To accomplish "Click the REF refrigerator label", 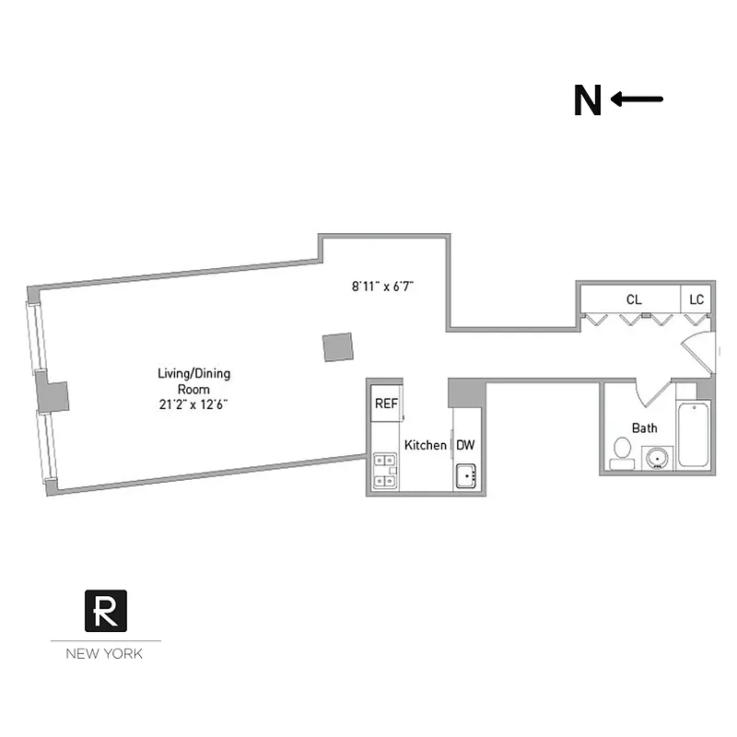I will (x=386, y=404).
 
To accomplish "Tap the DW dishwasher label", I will (x=466, y=445).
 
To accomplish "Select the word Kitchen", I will (x=426, y=445).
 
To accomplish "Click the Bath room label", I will (x=644, y=428).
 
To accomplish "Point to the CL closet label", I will (x=634, y=299).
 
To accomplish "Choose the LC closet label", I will (x=696, y=299).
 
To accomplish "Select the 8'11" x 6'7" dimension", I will (x=381, y=287).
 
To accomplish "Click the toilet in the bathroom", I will (x=622, y=451).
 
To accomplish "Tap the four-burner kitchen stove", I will (x=385, y=469).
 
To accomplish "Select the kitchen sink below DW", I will (x=464, y=476).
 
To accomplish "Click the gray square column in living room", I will (x=337, y=346).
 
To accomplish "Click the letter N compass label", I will (x=587, y=101).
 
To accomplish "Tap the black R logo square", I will (x=106, y=610).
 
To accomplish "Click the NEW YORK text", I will (x=104, y=655).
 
